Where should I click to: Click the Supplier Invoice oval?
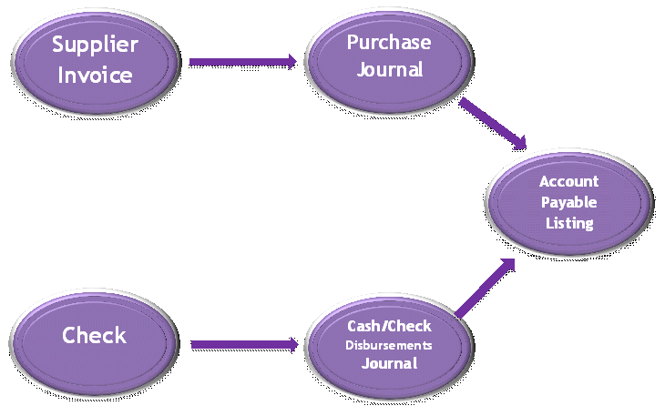tap(95, 58)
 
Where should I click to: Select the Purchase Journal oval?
tap(389, 56)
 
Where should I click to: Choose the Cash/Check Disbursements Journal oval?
tap(389, 345)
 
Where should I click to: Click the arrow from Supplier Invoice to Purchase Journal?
tap(242, 62)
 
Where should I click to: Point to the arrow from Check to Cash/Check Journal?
tap(242, 345)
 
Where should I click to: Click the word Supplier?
tap(94, 44)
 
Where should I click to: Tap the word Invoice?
tap(94, 75)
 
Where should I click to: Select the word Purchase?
tap(389, 42)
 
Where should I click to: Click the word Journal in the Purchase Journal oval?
tap(389, 70)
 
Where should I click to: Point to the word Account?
tap(568, 181)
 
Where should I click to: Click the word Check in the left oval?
tap(94, 335)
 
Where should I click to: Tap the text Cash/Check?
tap(389, 327)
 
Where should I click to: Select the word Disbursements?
tap(389, 346)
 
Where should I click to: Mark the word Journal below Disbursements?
tap(389, 363)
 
